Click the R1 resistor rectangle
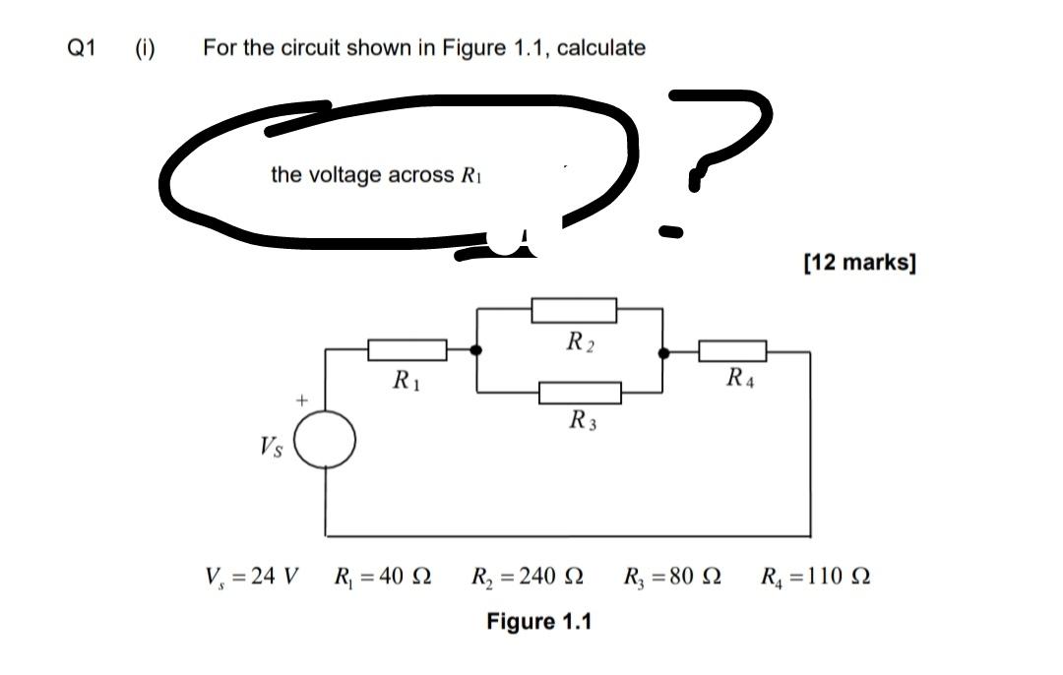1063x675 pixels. (407, 349)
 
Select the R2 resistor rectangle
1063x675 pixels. (574, 311)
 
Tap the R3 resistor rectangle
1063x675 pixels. (580, 394)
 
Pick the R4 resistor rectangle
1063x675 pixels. (733, 350)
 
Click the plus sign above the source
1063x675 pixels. (303, 400)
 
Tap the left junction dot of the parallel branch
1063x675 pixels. (477, 350)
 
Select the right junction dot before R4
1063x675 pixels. (664, 351)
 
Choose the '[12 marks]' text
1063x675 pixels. (859, 263)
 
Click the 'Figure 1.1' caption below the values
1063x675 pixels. (539, 622)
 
